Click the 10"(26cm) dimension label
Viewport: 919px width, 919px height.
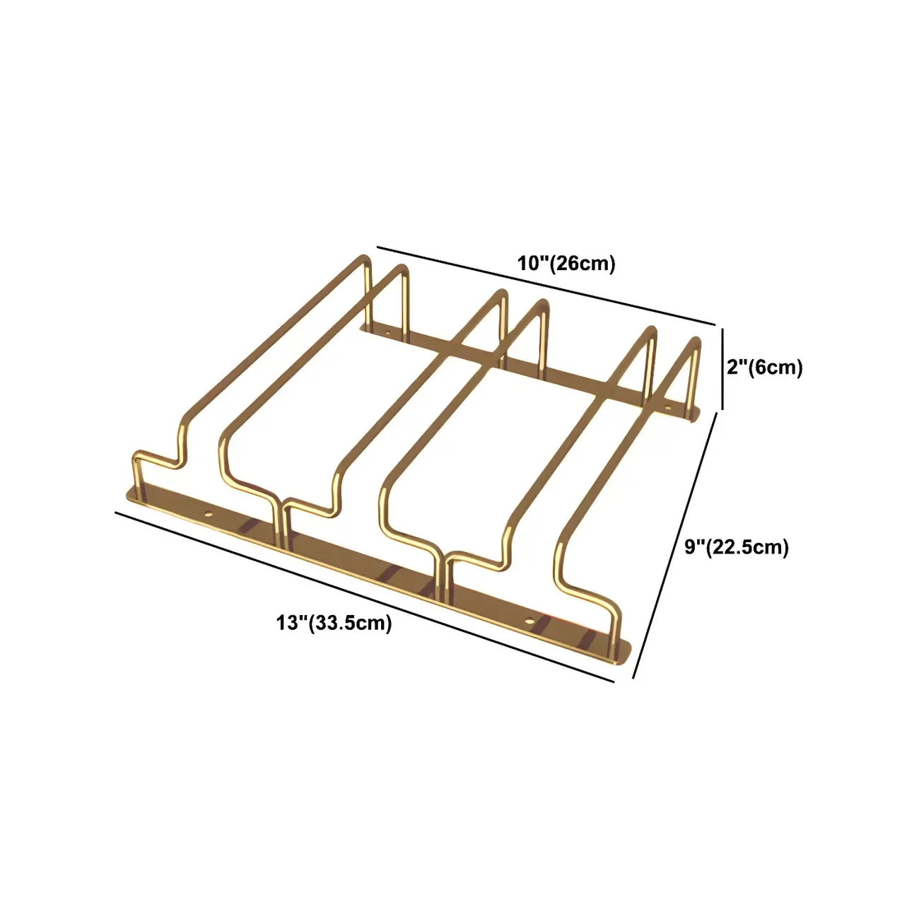coord(566,264)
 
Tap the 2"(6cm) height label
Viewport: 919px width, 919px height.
coord(765,368)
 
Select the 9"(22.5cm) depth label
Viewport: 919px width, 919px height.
coord(737,546)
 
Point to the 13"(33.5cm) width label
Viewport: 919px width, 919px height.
coord(334,623)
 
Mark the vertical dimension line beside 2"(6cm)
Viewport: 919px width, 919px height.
coord(722,368)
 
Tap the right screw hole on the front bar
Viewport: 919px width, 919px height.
coord(529,620)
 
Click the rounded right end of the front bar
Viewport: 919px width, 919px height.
coord(625,653)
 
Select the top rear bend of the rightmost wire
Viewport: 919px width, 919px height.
coord(696,343)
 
